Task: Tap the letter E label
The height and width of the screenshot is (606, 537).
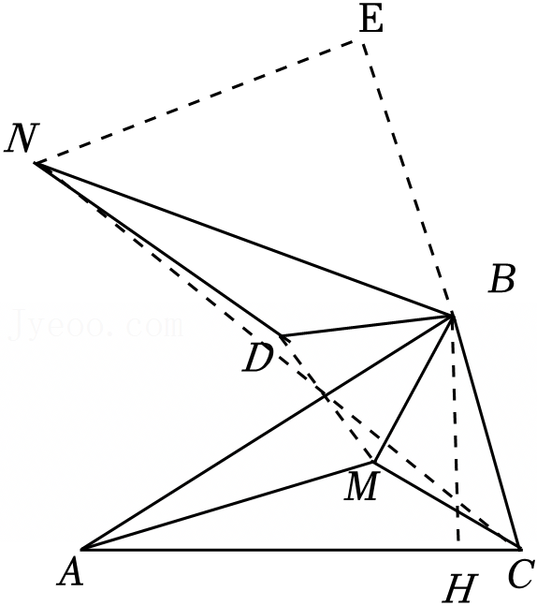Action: [x=371, y=20]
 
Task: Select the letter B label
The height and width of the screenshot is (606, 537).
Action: [x=501, y=279]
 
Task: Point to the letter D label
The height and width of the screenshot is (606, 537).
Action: [x=258, y=359]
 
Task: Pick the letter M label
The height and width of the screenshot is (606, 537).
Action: [x=361, y=488]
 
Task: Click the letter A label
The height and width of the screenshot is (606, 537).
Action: [x=71, y=572]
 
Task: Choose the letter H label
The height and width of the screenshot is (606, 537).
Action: [x=460, y=588]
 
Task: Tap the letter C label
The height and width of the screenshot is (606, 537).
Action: [x=521, y=573]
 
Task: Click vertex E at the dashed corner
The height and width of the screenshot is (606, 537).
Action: [x=362, y=40]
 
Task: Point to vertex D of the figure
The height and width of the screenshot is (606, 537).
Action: [x=281, y=334]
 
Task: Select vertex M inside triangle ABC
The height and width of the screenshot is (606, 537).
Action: [x=373, y=462]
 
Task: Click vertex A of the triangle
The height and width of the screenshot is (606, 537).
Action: [x=81, y=549]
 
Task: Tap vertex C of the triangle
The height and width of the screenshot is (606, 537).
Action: [x=519, y=548]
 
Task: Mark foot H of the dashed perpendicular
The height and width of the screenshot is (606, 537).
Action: [x=458, y=548]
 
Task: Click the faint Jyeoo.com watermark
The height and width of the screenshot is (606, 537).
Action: [x=95, y=325]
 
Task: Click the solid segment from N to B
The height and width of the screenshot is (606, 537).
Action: [x=243, y=240]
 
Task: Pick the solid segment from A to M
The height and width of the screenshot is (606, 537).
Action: [x=227, y=506]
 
